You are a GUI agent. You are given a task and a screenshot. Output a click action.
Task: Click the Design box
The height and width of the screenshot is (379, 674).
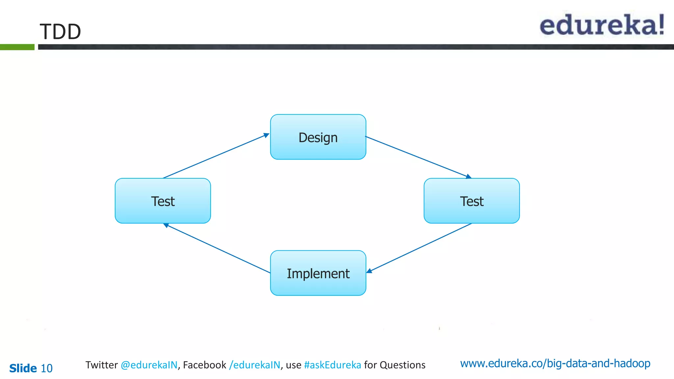318,137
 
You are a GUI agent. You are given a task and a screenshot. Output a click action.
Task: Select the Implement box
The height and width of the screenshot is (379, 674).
318,273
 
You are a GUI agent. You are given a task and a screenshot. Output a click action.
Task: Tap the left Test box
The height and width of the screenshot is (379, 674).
163,201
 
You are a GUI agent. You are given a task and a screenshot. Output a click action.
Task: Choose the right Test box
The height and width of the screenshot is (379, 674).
472,201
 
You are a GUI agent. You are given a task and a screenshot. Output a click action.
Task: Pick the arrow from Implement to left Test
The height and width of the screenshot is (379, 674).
217,248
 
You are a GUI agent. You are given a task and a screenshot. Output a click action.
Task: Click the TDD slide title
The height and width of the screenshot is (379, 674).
60,32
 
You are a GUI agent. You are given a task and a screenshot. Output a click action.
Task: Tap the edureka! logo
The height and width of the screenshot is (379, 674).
602,25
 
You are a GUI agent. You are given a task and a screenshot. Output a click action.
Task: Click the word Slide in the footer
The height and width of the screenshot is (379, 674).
23,368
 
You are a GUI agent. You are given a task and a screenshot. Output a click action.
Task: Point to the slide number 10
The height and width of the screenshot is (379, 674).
46,368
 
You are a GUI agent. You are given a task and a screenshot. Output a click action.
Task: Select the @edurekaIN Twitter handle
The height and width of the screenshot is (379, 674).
149,365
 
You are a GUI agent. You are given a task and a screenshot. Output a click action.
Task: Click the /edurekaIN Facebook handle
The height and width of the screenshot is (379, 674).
255,365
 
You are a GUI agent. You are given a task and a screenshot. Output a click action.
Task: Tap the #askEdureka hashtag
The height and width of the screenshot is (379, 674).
332,365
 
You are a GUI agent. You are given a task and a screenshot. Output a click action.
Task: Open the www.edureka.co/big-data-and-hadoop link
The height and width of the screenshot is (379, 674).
555,363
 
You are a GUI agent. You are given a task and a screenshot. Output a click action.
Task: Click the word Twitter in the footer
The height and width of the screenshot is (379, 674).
102,365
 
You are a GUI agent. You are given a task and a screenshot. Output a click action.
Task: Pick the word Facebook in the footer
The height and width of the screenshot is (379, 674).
204,365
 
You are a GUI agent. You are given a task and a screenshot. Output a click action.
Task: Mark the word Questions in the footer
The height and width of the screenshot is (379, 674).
402,365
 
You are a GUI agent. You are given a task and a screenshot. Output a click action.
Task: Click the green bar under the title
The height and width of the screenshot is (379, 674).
17,47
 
